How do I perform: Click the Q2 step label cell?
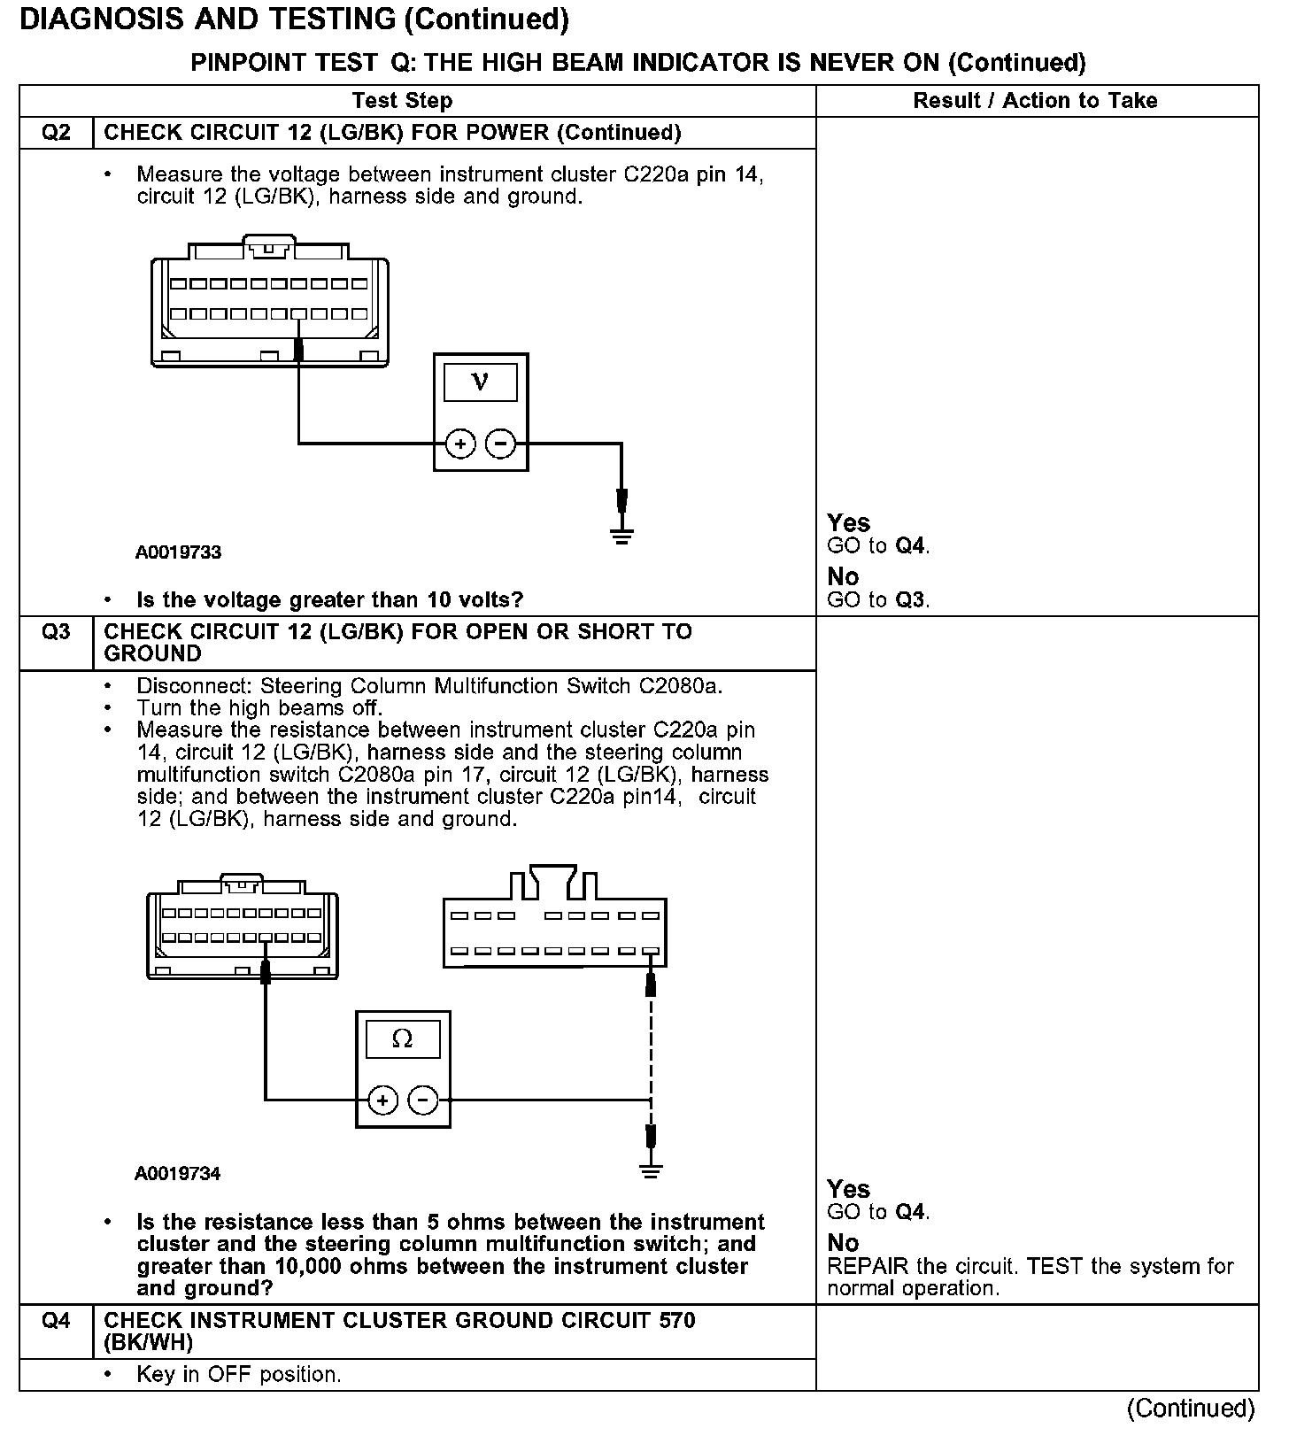(x=56, y=133)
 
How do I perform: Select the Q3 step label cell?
(x=56, y=632)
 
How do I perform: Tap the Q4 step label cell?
(x=56, y=1321)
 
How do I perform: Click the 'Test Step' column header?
(x=403, y=101)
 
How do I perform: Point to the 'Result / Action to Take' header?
(x=1035, y=101)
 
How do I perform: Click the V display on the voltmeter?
(x=480, y=382)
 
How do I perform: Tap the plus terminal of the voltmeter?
(x=460, y=443)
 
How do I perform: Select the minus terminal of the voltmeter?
(x=501, y=443)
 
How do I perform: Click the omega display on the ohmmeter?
(x=403, y=1038)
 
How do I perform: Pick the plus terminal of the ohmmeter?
(x=382, y=1100)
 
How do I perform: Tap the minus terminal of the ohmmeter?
(x=423, y=1100)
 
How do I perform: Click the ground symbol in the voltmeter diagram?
(x=621, y=536)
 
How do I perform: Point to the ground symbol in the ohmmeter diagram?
(x=651, y=1172)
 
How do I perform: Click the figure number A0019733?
(x=178, y=552)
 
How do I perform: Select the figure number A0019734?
(x=178, y=1174)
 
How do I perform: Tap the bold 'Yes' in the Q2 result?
(x=848, y=523)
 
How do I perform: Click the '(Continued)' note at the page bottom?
(x=1191, y=1408)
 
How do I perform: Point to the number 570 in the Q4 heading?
(x=677, y=1321)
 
